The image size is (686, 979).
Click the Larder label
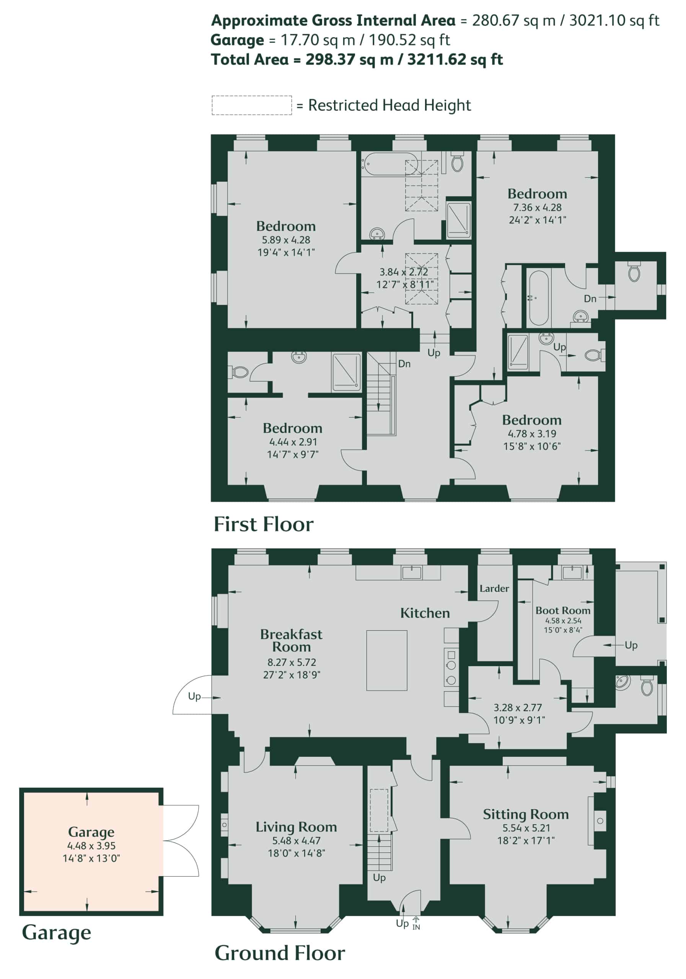pos(494,589)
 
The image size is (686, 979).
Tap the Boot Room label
pos(563,611)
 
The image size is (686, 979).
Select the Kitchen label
pos(425,613)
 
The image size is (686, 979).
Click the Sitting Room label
pos(526,815)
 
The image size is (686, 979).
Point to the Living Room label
pos(296,827)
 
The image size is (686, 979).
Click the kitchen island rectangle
pos(386,660)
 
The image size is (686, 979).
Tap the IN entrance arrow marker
pos(416,923)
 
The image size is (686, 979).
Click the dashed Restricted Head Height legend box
pos(252,105)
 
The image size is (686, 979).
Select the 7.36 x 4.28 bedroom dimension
pos(537,208)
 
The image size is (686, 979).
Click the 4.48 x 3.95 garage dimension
pos(91,846)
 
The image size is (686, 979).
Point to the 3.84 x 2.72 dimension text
pos(404,272)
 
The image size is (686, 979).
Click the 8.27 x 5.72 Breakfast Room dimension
pos(292,662)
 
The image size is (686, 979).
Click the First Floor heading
pos(263,524)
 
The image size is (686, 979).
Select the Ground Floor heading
pos(280,953)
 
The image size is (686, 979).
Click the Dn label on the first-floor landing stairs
pos(404,364)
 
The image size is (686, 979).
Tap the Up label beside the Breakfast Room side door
pos(194,697)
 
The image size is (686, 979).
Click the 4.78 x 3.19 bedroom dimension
pos(532,434)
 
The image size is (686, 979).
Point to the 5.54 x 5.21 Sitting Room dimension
pos(526,828)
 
